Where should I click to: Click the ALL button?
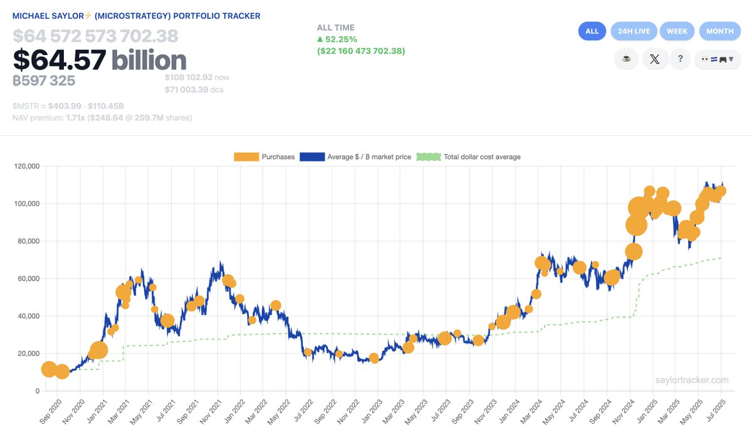click(x=592, y=31)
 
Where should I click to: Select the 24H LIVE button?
click(x=634, y=31)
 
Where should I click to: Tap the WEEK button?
click(x=677, y=31)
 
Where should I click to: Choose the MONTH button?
click(x=719, y=31)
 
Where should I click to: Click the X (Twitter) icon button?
click(x=655, y=59)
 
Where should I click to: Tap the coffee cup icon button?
click(x=625, y=59)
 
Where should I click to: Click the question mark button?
click(x=680, y=59)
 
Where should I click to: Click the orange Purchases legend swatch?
click(x=246, y=157)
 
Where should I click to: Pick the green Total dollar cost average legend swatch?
click(x=428, y=157)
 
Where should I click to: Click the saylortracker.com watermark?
click(x=692, y=380)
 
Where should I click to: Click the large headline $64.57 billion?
click(x=100, y=60)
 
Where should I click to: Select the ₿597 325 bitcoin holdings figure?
click(x=44, y=81)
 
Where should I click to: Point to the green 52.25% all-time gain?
click(x=341, y=39)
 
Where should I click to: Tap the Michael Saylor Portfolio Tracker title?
click(x=136, y=16)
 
